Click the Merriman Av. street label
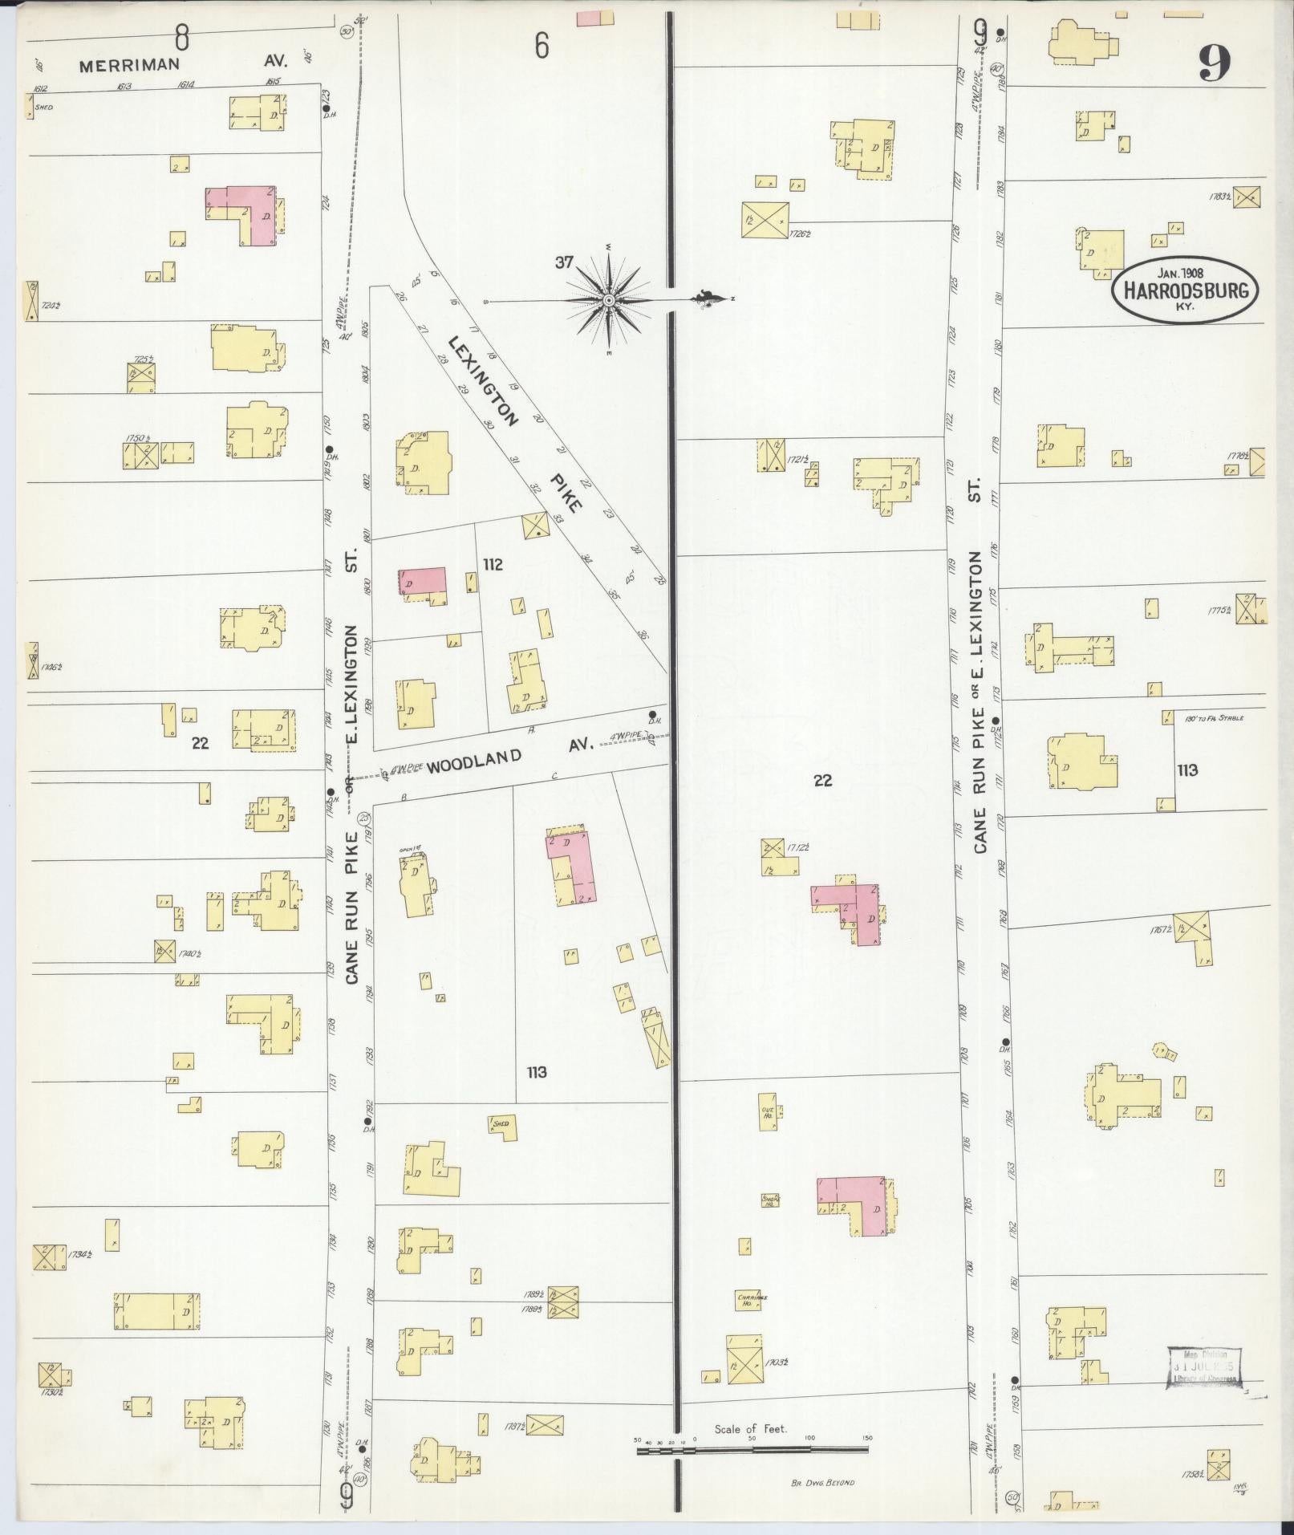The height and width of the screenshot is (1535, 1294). (185, 65)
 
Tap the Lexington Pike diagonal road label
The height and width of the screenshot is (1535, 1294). (513, 421)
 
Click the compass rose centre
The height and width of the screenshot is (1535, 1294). (608, 300)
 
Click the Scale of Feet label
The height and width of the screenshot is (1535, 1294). (751, 1429)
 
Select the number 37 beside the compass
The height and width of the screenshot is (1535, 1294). (564, 262)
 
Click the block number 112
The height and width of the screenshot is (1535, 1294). (493, 565)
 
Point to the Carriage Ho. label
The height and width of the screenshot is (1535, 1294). (747, 1300)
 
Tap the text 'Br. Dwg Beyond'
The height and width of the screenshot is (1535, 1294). (818, 1482)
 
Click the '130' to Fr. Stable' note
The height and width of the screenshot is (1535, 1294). (1214, 717)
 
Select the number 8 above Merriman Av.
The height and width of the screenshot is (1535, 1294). (182, 36)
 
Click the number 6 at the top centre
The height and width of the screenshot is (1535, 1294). (542, 47)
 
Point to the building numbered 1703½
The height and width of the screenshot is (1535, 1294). (745, 1358)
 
